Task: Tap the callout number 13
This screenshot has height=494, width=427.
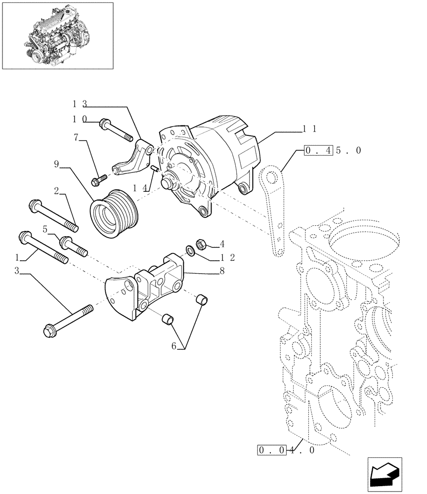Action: pyautogui.click(x=80, y=104)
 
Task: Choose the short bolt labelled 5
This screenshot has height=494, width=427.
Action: pyautogui.click(x=73, y=247)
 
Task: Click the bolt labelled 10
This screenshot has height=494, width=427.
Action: pyautogui.click(x=116, y=129)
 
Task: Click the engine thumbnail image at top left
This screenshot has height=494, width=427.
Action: pyautogui.click(x=57, y=35)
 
